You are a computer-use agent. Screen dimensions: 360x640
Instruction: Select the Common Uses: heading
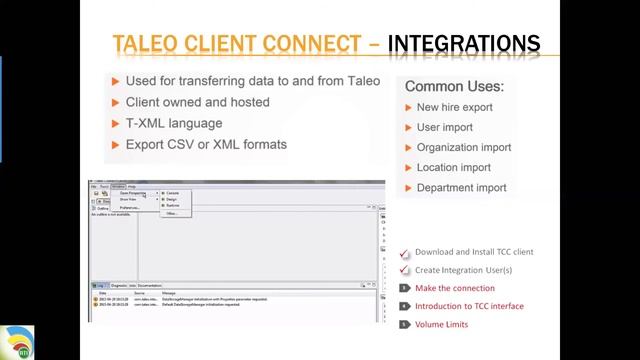[454, 87]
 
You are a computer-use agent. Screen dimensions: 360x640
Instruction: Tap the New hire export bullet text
[455, 107]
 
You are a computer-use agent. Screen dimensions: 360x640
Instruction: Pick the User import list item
[445, 127]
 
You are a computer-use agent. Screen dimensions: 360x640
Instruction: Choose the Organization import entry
[464, 147]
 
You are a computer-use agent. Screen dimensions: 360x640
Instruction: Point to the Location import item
[454, 167]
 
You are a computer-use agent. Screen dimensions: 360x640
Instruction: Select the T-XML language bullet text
[174, 123]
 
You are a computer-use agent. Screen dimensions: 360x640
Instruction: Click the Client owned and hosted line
[197, 102]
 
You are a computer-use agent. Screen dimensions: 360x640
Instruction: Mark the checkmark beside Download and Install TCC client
[404, 253]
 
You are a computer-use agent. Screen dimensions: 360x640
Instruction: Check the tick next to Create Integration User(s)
[404, 270]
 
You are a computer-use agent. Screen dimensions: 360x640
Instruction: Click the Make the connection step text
[455, 288]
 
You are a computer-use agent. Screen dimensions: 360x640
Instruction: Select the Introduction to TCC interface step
[469, 306]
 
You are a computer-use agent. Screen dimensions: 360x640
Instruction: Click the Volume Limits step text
[441, 324]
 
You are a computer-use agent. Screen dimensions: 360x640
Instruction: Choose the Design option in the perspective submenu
[171, 199]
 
